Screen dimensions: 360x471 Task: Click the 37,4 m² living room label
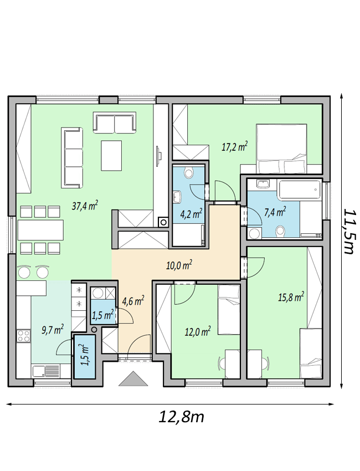click(x=85, y=206)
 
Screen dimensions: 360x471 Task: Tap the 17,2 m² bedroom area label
click(x=234, y=147)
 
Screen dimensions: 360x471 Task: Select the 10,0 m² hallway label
click(x=179, y=265)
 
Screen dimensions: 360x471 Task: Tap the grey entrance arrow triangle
click(x=133, y=378)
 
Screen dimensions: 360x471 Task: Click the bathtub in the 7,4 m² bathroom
click(x=299, y=190)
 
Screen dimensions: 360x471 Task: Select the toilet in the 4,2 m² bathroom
click(x=188, y=172)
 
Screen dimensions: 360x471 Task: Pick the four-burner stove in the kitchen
click(x=24, y=336)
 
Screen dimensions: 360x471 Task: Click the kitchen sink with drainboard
click(x=46, y=371)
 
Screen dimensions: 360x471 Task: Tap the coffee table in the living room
click(x=111, y=155)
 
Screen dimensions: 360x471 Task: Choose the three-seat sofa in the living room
click(x=72, y=158)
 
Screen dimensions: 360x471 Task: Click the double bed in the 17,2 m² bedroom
click(x=281, y=149)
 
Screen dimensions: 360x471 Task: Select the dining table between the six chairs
click(x=40, y=230)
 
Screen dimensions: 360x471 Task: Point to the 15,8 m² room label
click(x=290, y=298)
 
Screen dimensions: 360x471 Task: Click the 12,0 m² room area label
click(x=197, y=332)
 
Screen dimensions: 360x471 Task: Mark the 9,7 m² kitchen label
click(x=52, y=330)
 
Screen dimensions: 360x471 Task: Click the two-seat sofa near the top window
click(x=115, y=122)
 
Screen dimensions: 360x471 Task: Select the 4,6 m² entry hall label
click(x=133, y=301)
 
